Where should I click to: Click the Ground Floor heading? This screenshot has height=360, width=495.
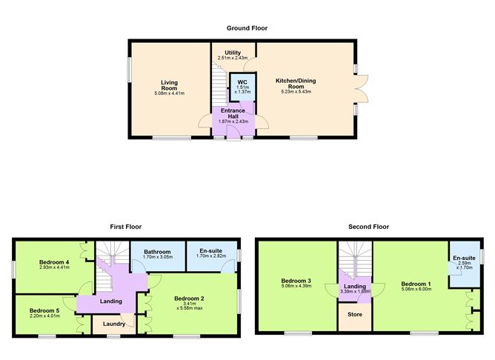tap(247, 28)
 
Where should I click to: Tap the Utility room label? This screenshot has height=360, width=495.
tap(233, 53)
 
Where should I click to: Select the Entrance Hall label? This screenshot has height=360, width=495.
tap(232, 113)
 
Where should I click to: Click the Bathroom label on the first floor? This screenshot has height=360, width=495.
tap(156, 252)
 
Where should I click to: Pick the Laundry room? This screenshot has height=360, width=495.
tap(113, 323)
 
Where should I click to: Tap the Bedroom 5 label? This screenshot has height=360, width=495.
tap(44, 311)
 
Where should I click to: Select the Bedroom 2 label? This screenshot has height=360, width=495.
tap(188, 298)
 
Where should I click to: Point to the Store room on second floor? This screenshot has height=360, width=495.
tap(354, 318)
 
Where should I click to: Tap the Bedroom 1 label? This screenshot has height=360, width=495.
tap(415, 283)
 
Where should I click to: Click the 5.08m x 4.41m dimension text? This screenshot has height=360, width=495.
tap(169, 93)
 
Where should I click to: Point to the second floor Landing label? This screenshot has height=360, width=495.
tap(354, 286)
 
